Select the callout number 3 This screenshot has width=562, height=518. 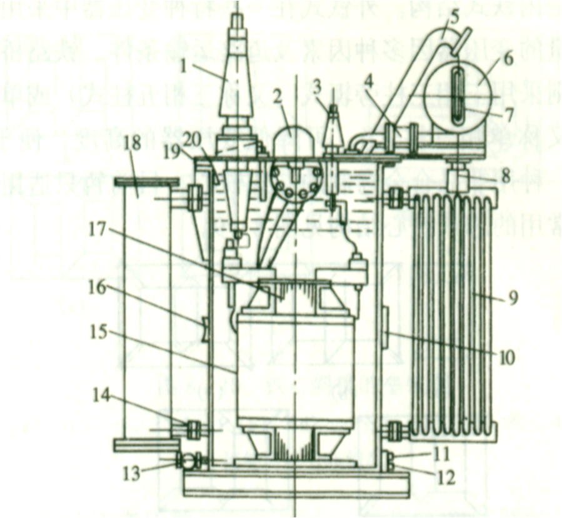pos(317,84)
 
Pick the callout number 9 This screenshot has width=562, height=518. pos(513,299)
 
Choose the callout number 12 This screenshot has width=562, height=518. pos(446,479)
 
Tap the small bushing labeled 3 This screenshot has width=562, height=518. pos(334,128)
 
